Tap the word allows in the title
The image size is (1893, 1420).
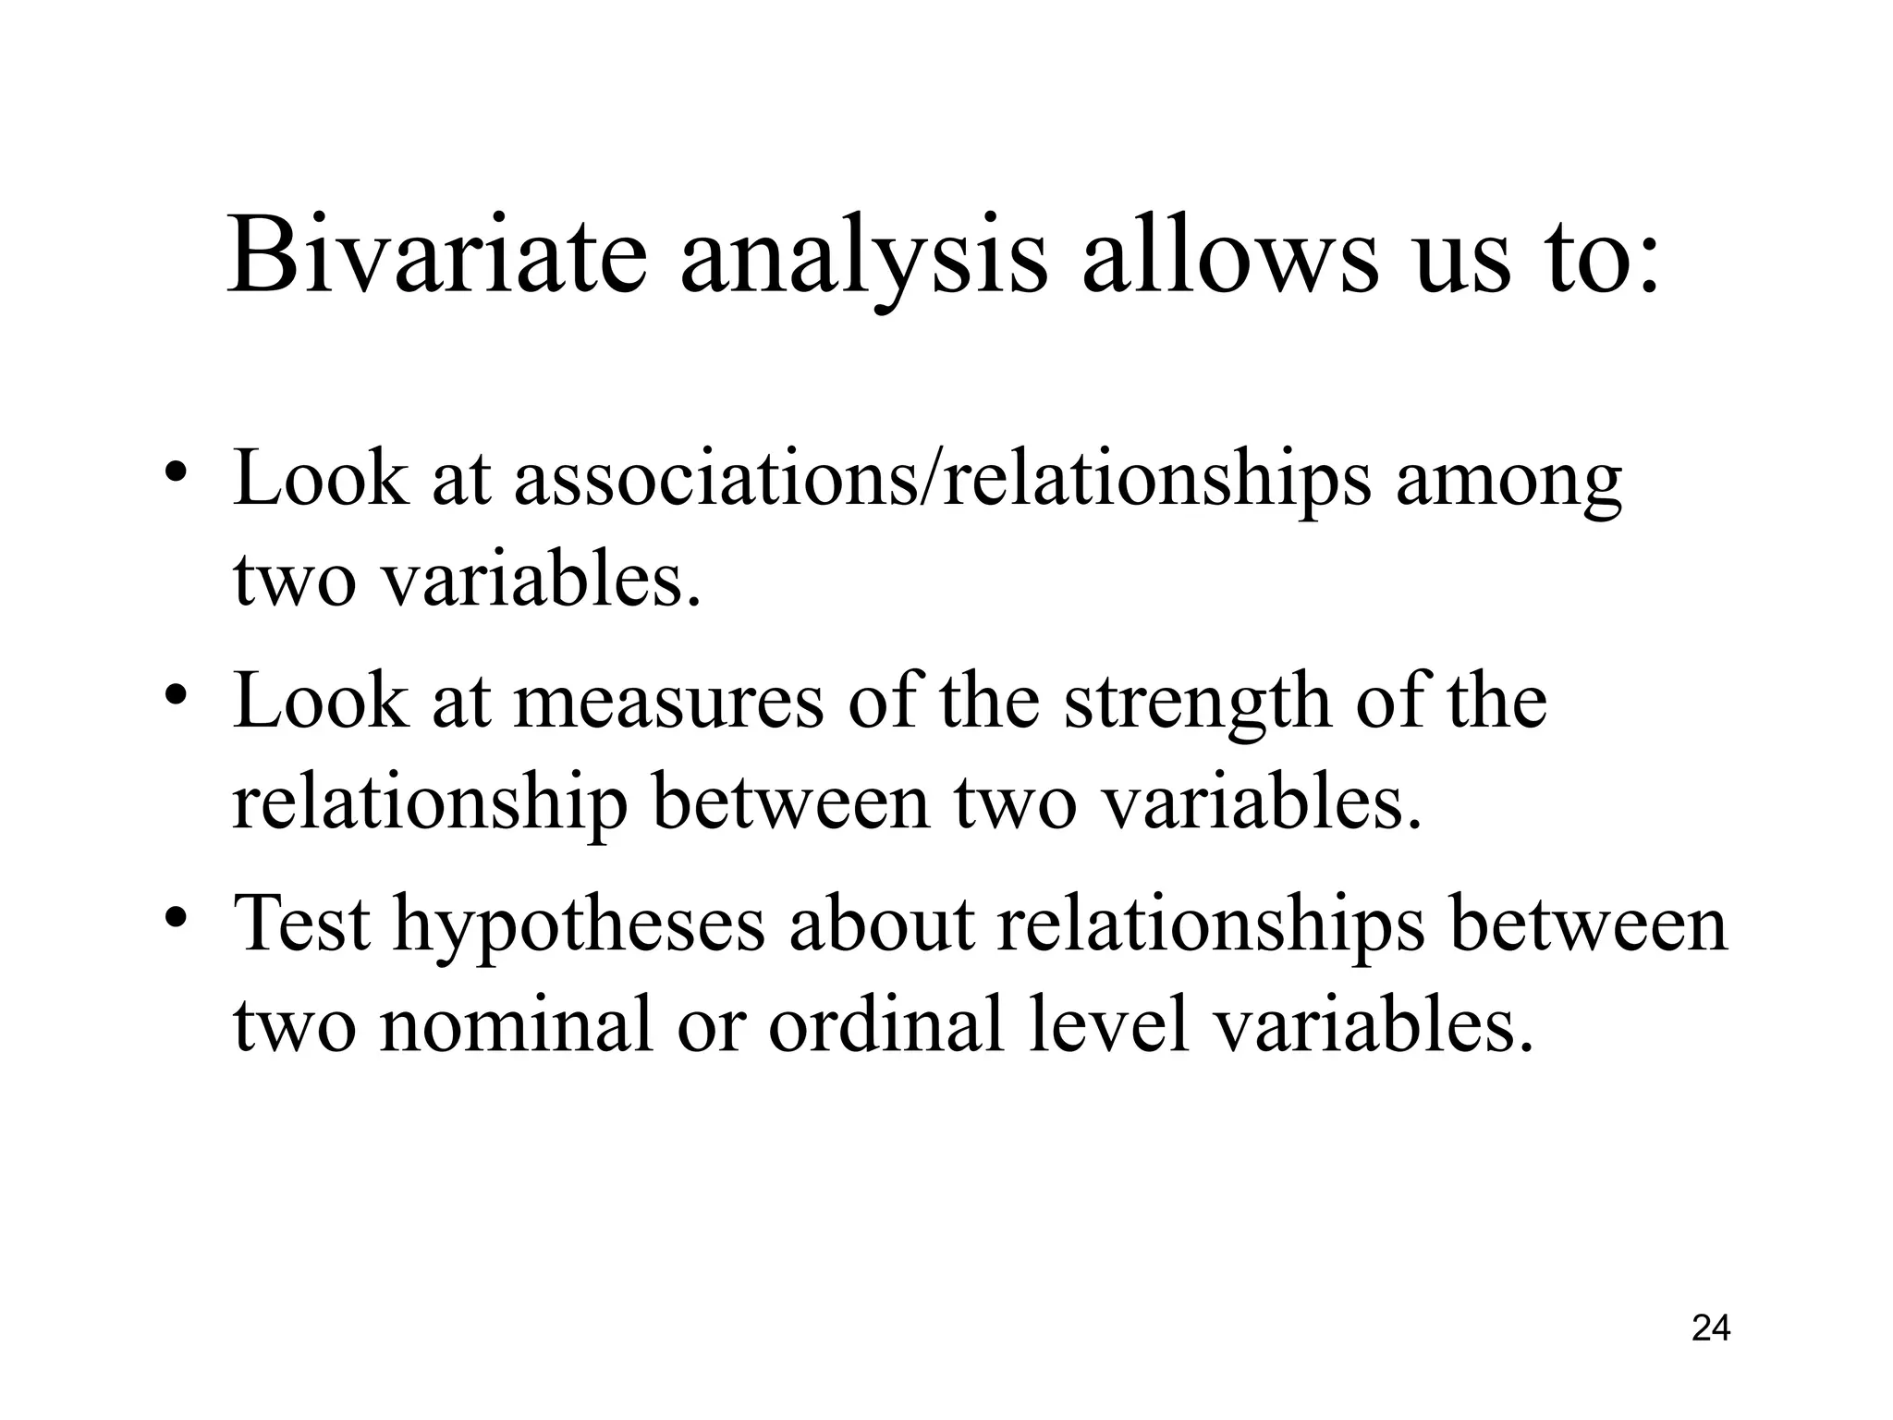[1229, 255]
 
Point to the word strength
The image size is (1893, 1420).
[1198, 706]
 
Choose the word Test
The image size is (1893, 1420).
[301, 924]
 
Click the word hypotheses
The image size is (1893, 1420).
[579, 928]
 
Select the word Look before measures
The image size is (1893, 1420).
[320, 703]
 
